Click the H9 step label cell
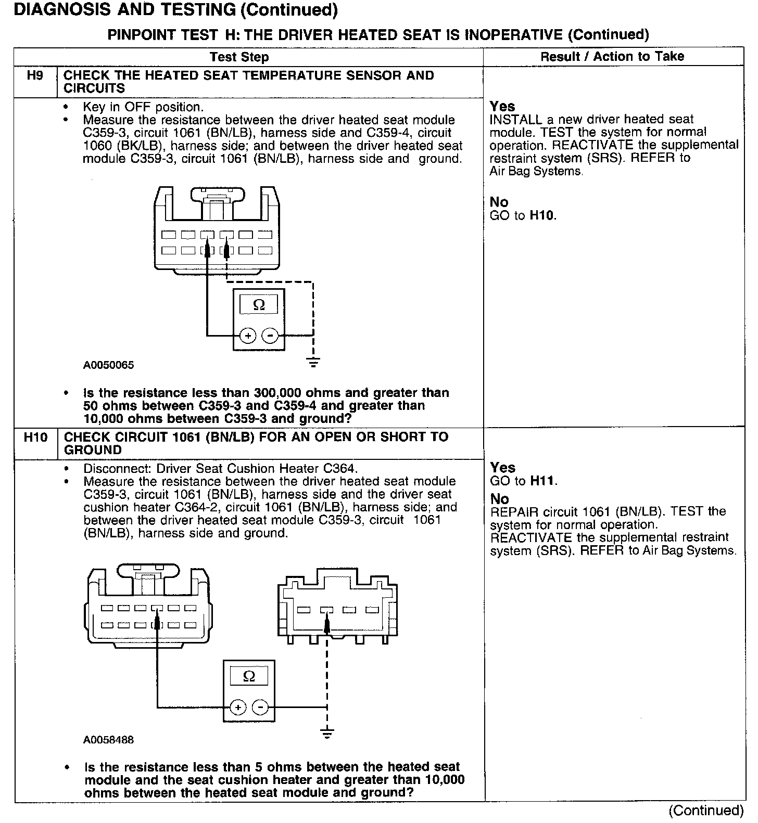35,76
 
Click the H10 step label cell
35,438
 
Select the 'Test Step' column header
239,57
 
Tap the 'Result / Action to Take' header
612,56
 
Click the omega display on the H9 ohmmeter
259,305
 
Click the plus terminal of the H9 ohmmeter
248,336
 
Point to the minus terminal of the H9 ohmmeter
270,336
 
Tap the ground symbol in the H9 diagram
313,362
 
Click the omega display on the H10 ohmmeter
249,676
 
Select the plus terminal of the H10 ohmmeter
238,708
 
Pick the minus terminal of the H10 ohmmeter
260,708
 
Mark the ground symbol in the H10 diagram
327,735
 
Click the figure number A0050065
108,365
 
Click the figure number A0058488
108,740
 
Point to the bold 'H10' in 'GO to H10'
542,215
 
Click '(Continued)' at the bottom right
705,810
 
